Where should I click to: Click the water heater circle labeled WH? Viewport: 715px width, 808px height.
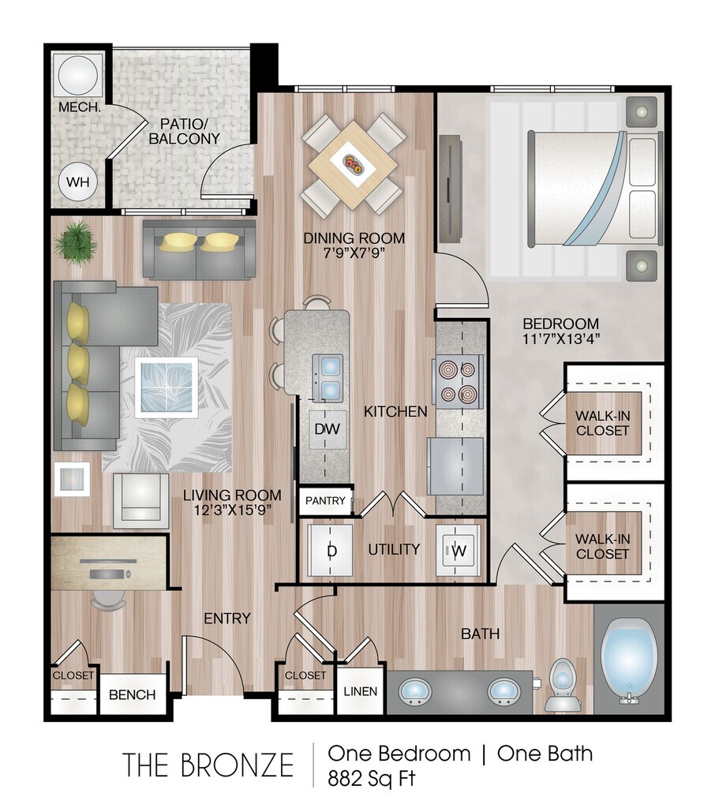(x=78, y=182)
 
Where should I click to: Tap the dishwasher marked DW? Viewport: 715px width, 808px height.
(x=328, y=428)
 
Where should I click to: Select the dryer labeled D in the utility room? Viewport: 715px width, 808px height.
(x=331, y=550)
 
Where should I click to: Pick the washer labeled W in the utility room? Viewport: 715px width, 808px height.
(x=459, y=550)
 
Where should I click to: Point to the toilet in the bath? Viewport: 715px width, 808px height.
(x=563, y=686)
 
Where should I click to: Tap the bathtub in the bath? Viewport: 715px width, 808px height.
(x=630, y=661)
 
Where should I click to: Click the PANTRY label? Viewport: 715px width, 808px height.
(x=325, y=500)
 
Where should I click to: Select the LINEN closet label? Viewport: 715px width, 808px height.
(x=361, y=691)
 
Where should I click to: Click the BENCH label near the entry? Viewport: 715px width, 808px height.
(x=132, y=694)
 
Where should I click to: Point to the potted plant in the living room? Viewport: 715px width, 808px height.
(x=75, y=243)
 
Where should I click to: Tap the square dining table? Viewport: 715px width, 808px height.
(x=353, y=164)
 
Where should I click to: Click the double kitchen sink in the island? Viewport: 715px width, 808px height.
(x=328, y=377)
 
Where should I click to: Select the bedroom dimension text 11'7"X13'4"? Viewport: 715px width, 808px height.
(x=561, y=339)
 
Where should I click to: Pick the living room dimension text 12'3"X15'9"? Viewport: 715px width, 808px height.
(x=233, y=511)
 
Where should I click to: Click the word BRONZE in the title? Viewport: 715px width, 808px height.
(x=238, y=765)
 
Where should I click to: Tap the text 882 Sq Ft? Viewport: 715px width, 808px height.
(x=371, y=777)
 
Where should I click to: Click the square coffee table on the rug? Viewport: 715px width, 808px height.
(x=167, y=387)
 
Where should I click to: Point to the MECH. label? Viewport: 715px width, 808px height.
(x=79, y=107)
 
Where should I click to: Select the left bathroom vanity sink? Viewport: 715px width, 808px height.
(x=415, y=692)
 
